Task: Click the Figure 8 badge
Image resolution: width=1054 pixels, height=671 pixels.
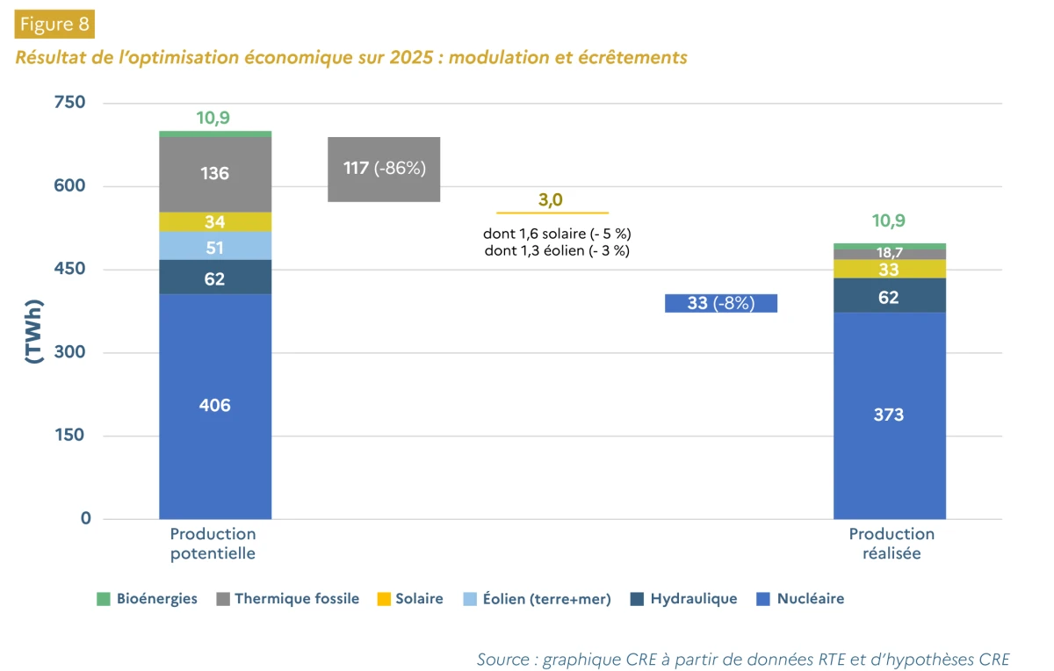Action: tap(54, 24)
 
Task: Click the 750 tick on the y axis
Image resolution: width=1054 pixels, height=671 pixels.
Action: tap(69, 102)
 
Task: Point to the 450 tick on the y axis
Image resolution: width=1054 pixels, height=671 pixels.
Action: tap(69, 269)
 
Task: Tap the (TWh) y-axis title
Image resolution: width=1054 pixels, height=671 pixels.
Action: tap(34, 331)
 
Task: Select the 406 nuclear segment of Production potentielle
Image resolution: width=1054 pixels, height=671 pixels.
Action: tap(215, 407)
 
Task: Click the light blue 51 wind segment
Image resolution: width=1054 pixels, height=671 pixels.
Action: tap(215, 246)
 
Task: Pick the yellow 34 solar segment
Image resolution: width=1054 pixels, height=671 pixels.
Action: tap(215, 221)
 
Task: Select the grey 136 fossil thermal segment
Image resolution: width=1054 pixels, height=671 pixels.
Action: tap(215, 175)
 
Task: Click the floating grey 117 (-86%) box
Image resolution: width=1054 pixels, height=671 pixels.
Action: tap(384, 170)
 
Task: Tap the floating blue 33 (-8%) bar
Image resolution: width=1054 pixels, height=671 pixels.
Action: tap(721, 303)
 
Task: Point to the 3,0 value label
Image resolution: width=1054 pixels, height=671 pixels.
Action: tap(551, 200)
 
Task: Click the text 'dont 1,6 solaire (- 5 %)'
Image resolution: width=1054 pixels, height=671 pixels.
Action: tap(557, 234)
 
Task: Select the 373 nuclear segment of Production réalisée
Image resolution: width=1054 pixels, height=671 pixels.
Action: tap(890, 416)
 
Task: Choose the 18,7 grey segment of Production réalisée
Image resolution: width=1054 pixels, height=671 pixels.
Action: tap(890, 254)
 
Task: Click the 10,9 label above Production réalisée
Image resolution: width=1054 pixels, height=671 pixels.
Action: tap(888, 220)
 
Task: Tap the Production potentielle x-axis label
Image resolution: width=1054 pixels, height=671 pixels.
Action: tap(213, 544)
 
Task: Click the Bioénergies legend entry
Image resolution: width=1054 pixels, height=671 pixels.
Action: tap(147, 598)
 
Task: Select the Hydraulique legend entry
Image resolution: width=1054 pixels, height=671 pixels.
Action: tap(683, 598)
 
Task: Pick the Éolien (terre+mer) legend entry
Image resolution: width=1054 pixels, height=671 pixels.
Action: tap(538, 599)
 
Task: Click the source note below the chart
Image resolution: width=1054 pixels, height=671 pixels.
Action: tap(743, 660)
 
